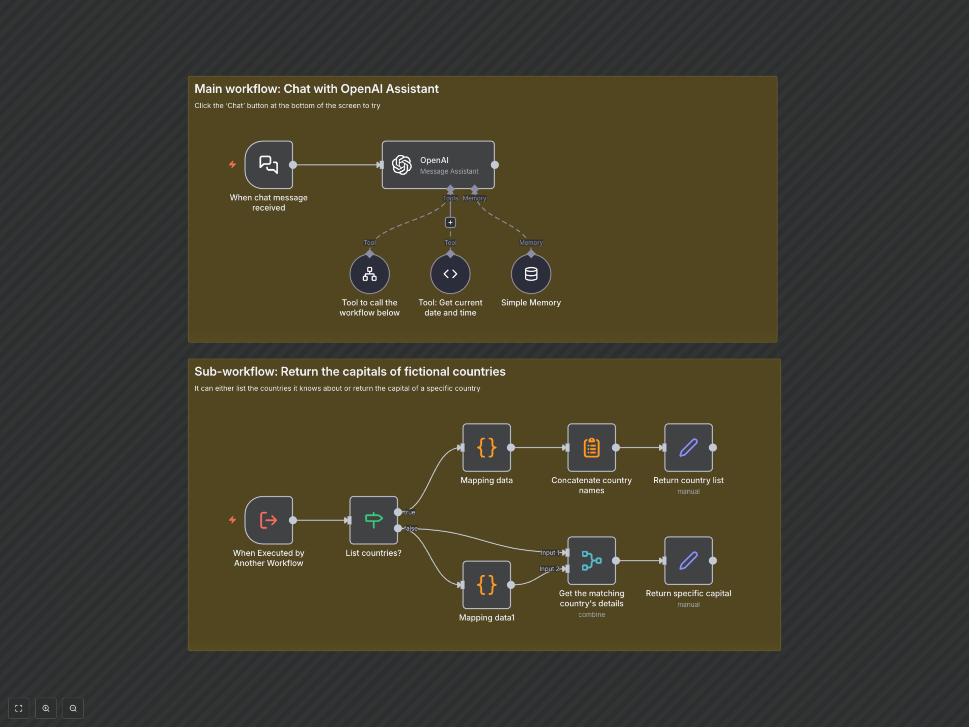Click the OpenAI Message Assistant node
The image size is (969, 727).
point(438,165)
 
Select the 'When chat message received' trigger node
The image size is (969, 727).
point(268,165)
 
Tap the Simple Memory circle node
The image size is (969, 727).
point(531,274)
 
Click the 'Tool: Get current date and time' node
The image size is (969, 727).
point(450,274)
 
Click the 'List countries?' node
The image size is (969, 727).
point(373,520)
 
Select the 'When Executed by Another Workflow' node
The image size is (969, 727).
point(268,520)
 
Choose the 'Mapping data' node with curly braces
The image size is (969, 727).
point(486,447)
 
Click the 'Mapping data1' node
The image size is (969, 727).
point(486,585)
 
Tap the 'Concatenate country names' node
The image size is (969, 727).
point(591,447)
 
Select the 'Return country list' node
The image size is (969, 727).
point(688,447)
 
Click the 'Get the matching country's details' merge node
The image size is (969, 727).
point(591,560)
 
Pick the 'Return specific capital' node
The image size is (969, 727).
point(688,560)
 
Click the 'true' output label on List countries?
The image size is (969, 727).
point(410,512)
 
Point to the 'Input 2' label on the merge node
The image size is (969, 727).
point(549,569)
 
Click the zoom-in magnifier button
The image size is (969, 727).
point(46,708)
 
